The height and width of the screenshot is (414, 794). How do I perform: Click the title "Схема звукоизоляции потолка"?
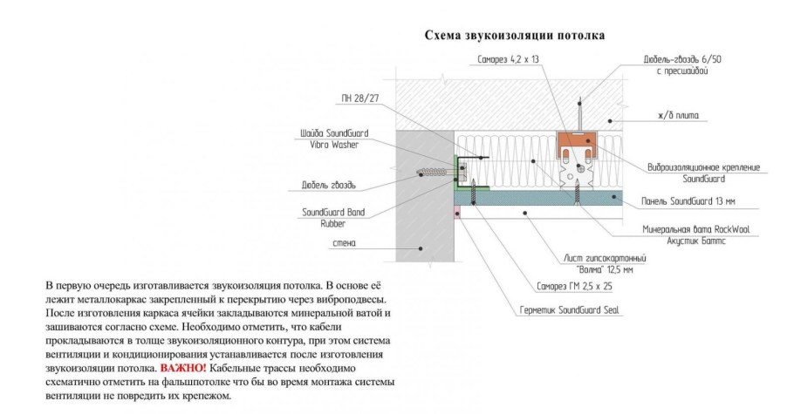[514, 36]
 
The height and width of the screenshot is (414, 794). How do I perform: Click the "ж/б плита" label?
[678, 115]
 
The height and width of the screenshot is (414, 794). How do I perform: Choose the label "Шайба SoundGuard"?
[335, 133]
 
